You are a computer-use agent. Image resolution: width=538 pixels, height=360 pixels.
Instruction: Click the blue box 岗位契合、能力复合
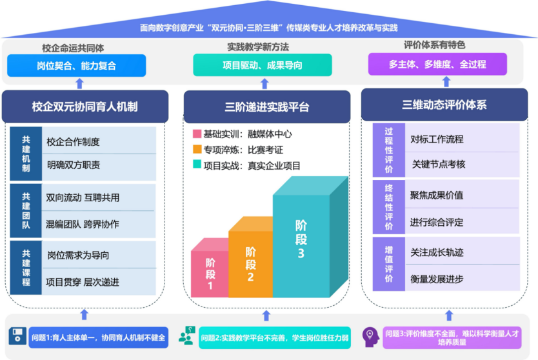point(77,65)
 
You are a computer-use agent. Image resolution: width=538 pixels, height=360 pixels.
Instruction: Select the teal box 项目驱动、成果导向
point(263,65)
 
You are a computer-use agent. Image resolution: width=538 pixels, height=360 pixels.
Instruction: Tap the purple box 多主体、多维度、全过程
point(437,65)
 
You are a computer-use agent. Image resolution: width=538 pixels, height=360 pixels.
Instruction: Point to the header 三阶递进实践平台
point(267,107)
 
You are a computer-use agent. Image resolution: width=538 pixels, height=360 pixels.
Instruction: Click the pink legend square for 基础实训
point(197,134)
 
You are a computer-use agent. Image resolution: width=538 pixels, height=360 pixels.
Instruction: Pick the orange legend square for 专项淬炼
point(197,150)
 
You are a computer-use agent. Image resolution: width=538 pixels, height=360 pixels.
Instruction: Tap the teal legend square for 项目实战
point(197,165)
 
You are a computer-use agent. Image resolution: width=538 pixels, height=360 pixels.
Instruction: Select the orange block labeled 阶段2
point(250,263)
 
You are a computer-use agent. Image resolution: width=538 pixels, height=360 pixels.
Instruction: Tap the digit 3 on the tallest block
point(301,254)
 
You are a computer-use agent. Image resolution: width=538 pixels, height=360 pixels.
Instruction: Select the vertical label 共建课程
point(26,268)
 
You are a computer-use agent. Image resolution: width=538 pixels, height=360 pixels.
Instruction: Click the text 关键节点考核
point(439,165)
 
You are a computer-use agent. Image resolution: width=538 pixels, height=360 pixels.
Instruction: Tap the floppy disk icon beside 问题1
point(17,335)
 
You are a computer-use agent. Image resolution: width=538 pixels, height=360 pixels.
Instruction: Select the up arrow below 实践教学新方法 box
point(264,84)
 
